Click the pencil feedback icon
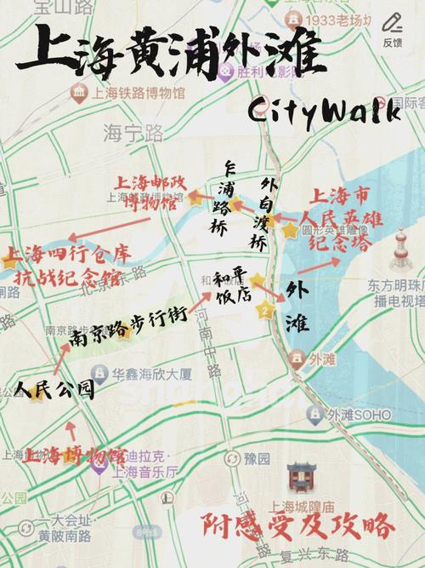[392, 23]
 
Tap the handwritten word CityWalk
[324, 112]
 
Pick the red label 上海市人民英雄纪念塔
[346, 220]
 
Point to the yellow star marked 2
[266, 311]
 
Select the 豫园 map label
[255, 458]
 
